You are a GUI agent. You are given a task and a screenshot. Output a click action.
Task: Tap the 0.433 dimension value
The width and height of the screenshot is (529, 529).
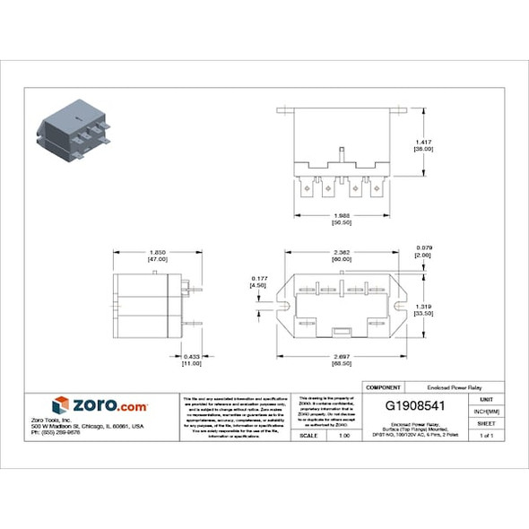[191, 359]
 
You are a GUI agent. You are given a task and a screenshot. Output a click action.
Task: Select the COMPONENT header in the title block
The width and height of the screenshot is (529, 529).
[384, 386]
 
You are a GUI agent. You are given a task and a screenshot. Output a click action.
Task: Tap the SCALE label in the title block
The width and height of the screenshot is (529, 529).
[308, 435]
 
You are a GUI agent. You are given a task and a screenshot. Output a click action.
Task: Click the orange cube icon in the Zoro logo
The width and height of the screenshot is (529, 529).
[60, 405]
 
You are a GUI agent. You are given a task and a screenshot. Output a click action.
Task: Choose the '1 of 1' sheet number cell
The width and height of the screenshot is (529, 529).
[486, 435]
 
